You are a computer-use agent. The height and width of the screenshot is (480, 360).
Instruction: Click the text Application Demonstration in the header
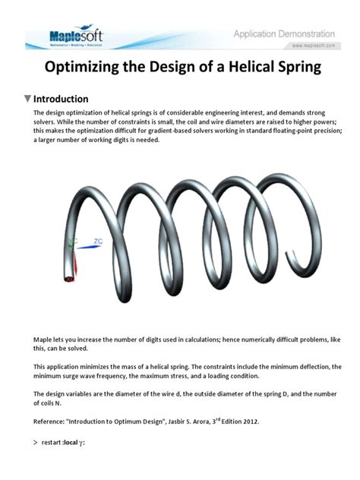[x=283, y=34]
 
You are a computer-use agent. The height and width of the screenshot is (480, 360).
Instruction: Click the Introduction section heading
[x=61, y=99]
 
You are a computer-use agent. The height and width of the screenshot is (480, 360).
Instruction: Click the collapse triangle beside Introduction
[x=28, y=99]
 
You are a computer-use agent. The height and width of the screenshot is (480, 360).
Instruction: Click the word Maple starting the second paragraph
[x=44, y=339]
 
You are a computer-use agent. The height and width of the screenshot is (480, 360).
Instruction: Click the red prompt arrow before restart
[x=36, y=442]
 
